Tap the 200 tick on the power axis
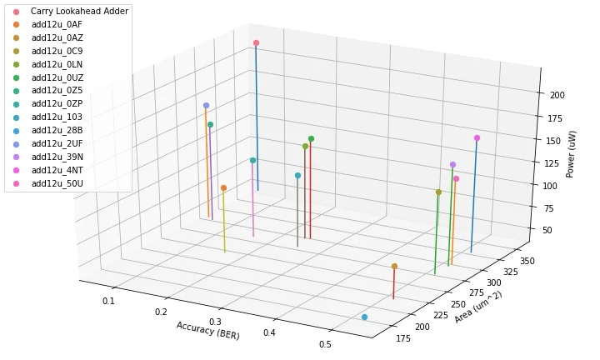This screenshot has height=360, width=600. tap(557, 95)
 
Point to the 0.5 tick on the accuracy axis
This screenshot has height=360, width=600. tap(324, 346)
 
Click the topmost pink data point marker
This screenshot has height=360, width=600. tap(256, 42)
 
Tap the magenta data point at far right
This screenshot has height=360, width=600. tap(477, 138)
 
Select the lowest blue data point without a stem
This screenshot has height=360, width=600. tap(365, 317)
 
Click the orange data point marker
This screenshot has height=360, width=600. tap(223, 188)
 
